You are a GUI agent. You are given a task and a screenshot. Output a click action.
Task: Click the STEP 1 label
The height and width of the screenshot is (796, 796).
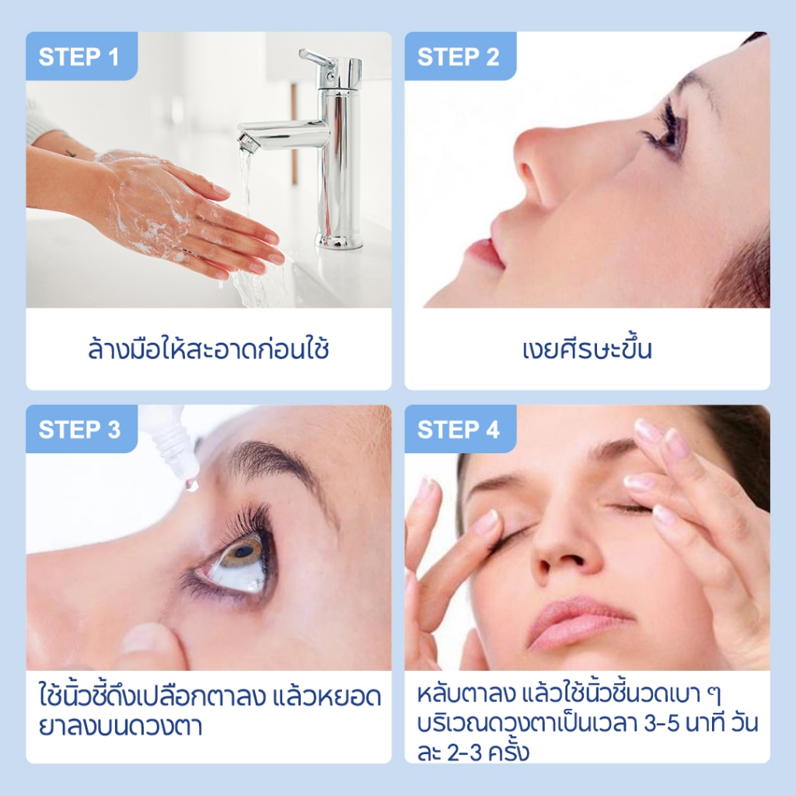pos(79,56)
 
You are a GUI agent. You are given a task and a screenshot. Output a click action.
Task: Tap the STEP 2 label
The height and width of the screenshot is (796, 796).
pos(458,56)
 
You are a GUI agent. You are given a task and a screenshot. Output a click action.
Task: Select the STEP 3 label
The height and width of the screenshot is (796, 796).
pos(79,429)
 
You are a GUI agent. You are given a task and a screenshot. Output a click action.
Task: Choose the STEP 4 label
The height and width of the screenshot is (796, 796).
pos(458,429)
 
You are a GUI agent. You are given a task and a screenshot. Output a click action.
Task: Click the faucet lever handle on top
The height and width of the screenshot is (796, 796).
pos(316,59)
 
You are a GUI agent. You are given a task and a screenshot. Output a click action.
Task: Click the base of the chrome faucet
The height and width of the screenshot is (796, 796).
pos(339,239)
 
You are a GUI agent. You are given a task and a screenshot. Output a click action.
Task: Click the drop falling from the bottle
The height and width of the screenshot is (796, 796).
pos(192,484)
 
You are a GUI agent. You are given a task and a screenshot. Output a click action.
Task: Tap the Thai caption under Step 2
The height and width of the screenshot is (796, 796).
pos(587,349)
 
